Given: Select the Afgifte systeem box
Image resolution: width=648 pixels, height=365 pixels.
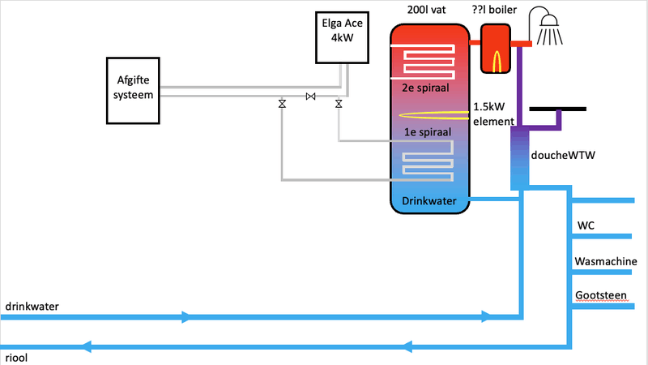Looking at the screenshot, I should click(x=134, y=88).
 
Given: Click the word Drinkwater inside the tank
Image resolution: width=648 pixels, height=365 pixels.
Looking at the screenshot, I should click(x=429, y=200).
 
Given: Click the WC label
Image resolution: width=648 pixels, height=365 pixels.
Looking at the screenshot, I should click(x=586, y=225).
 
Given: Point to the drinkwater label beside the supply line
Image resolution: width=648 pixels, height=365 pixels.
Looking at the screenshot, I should click(x=32, y=306).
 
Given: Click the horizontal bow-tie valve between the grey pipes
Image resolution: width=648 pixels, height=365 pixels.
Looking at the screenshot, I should click(x=310, y=97).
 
